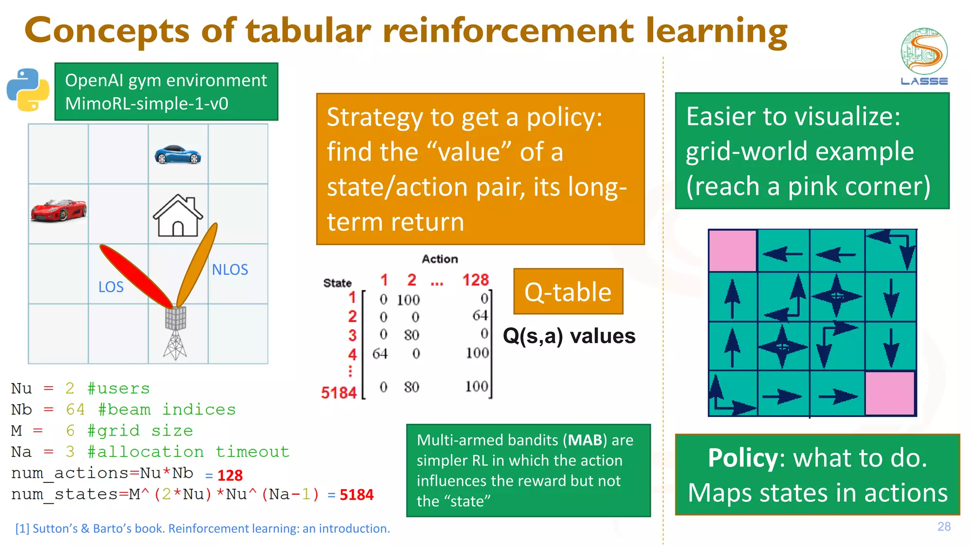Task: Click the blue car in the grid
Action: point(178,155)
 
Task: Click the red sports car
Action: point(59,210)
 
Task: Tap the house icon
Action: point(178,216)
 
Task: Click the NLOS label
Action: point(230,270)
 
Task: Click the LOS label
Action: point(111,287)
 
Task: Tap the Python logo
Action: point(28,90)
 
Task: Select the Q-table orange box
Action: point(568,291)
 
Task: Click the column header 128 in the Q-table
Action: point(475,280)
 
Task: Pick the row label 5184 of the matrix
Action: point(338,392)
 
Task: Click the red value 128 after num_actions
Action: point(230,475)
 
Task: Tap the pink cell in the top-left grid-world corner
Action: point(733,251)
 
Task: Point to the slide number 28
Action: point(943,527)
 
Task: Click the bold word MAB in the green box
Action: point(585,440)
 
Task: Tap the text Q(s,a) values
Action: point(569,336)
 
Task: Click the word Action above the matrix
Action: point(440,259)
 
